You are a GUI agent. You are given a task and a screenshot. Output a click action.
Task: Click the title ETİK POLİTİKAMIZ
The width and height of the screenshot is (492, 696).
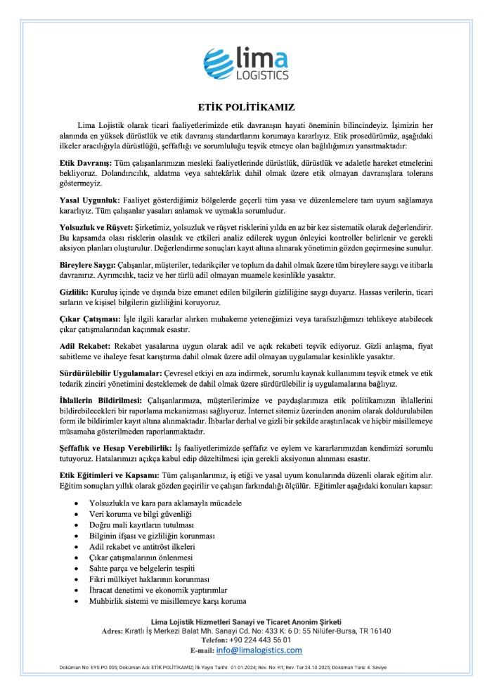point(246,108)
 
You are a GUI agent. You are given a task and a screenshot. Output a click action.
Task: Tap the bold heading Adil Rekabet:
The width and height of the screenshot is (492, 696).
point(84,347)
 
